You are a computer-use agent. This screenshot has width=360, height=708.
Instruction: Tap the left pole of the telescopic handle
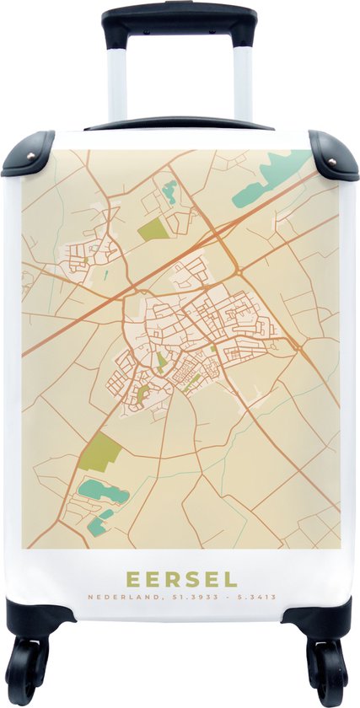(117, 80)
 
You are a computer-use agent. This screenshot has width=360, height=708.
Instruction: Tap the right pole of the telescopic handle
(243, 80)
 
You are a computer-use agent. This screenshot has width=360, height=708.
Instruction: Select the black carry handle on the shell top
(179, 123)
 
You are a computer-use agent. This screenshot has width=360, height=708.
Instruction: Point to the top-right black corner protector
(332, 153)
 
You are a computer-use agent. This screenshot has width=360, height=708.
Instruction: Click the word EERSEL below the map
(181, 580)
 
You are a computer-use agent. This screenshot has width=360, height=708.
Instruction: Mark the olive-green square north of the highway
(152, 228)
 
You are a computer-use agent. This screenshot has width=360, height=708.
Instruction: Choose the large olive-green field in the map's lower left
(100, 453)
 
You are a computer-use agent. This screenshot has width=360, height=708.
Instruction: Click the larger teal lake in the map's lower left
(102, 492)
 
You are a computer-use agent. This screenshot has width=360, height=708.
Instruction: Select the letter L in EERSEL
(231, 580)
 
